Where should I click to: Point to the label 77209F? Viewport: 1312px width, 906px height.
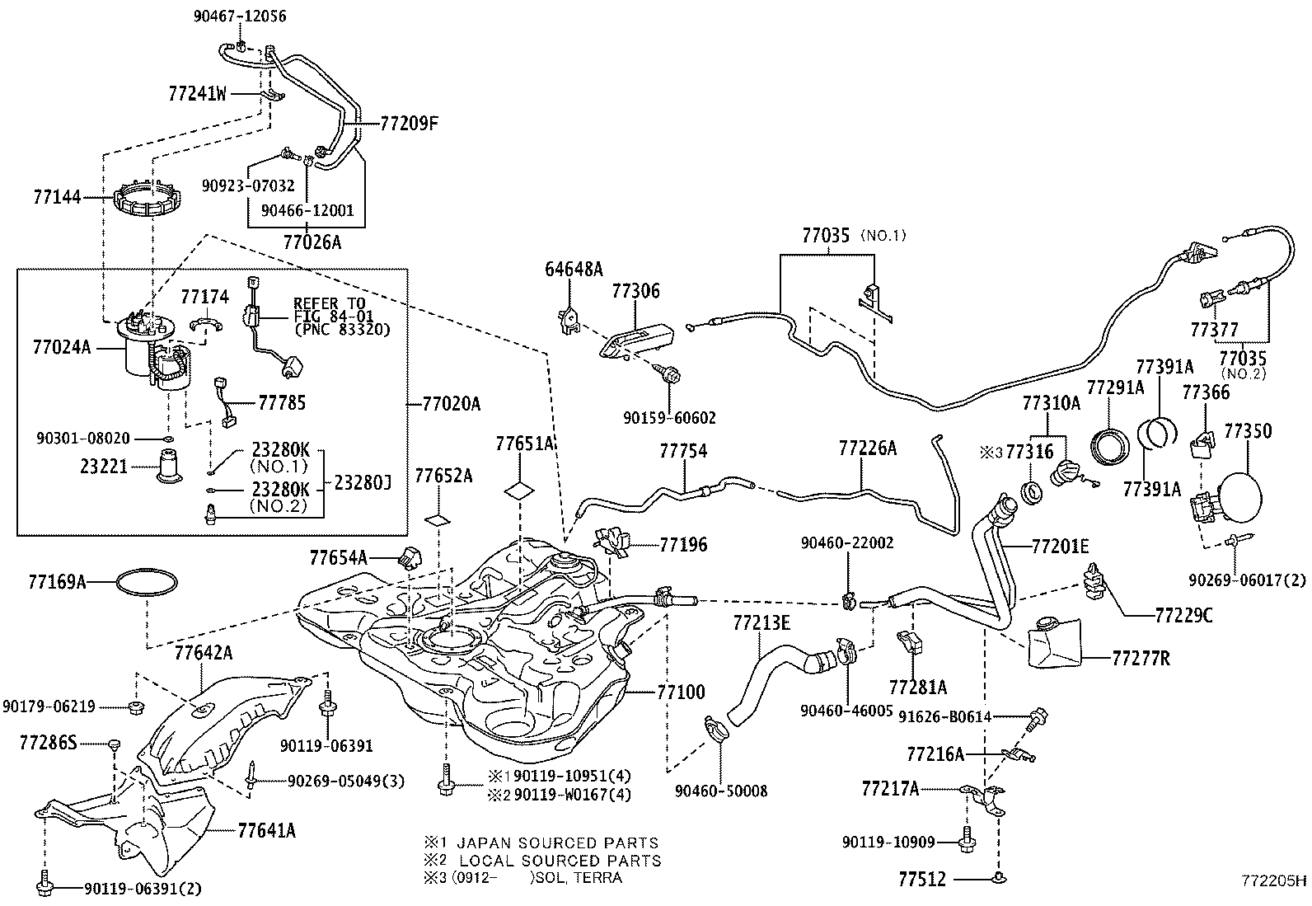(x=409, y=124)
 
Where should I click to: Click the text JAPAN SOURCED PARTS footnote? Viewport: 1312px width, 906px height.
(x=557, y=843)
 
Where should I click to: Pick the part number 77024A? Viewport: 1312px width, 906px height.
(x=63, y=348)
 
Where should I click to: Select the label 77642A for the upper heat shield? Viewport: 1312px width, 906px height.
(x=204, y=654)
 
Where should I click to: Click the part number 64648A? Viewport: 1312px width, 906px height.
(x=574, y=270)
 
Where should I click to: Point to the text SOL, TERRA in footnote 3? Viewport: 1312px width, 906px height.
(x=579, y=877)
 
